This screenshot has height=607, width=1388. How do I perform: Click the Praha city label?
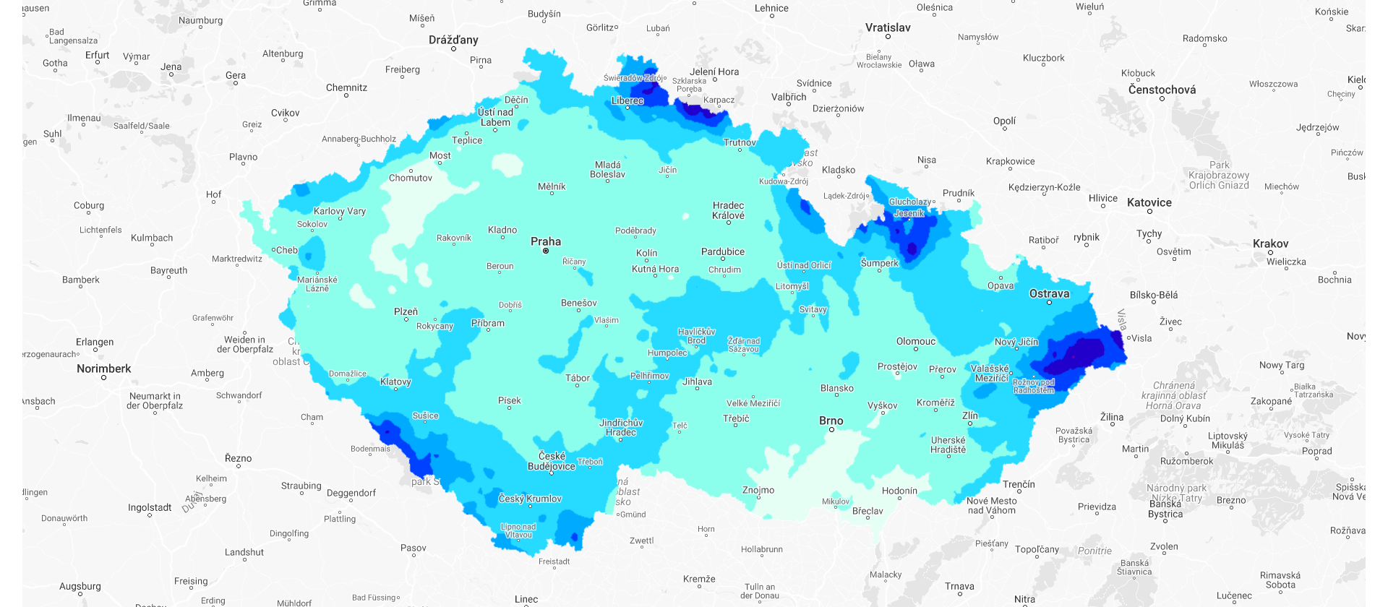click(x=545, y=241)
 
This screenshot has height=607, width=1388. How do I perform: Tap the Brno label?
click(x=831, y=421)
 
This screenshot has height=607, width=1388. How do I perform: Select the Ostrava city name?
click(x=1049, y=293)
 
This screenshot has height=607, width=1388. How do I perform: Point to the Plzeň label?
click(x=406, y=311)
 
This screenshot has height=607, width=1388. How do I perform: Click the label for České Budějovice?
click(x=552, y=461)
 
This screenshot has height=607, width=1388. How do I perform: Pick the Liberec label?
click(x=627, y=100)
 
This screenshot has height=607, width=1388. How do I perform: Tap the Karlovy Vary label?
click(x=339, y=211)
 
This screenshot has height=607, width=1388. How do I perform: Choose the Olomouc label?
click(x=915, y=341)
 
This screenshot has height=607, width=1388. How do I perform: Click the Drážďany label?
click(x=453, y=40)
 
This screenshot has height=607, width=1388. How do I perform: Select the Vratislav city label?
click(x=888, y=27)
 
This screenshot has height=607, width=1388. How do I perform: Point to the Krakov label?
click(x=1270, y=244)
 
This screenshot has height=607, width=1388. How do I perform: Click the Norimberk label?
click(x=104, y=369)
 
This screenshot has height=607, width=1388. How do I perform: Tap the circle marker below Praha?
click(x=546, y=251)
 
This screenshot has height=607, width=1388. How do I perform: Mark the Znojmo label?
click(x=758, y=490)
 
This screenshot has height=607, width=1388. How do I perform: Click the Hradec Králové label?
click(x=728, y=210)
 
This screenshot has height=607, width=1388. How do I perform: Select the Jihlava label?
click(x=697, y=382)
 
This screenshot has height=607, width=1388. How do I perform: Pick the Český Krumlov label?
click(x=530, y=499)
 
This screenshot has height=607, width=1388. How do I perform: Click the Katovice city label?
click(x=1149, y=202)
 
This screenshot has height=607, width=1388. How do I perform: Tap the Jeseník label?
click(x=909, y=213)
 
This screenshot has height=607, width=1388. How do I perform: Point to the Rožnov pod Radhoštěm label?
click(x=1034, y=386)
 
